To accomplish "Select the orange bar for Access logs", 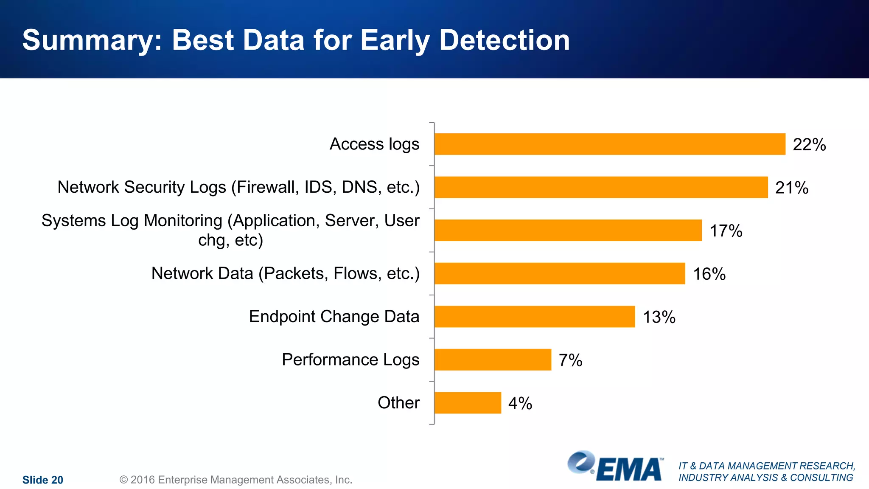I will click(610, 144).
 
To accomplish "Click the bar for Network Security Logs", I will click(601, 187).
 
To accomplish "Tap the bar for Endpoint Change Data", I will click(535, 317).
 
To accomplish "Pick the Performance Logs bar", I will click(493, 360).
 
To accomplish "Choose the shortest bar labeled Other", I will click(468, 403).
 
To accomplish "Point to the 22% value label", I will click(809, 145).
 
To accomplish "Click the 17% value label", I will click(726, 231).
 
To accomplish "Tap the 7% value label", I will click(570, 360).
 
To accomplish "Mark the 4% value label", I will click(520, 403).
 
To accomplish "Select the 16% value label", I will click(709, 274).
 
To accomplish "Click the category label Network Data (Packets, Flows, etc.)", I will click(285, 273).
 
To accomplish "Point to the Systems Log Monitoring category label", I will click(230, 230).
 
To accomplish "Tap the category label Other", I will click(398, 402).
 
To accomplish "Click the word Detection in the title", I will click(504, 40).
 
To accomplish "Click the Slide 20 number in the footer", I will click(42, 480).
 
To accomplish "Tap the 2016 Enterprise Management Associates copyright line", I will click(236, 480).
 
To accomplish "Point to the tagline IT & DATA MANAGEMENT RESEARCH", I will click(766, 466).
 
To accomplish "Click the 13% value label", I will click(659, 317).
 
